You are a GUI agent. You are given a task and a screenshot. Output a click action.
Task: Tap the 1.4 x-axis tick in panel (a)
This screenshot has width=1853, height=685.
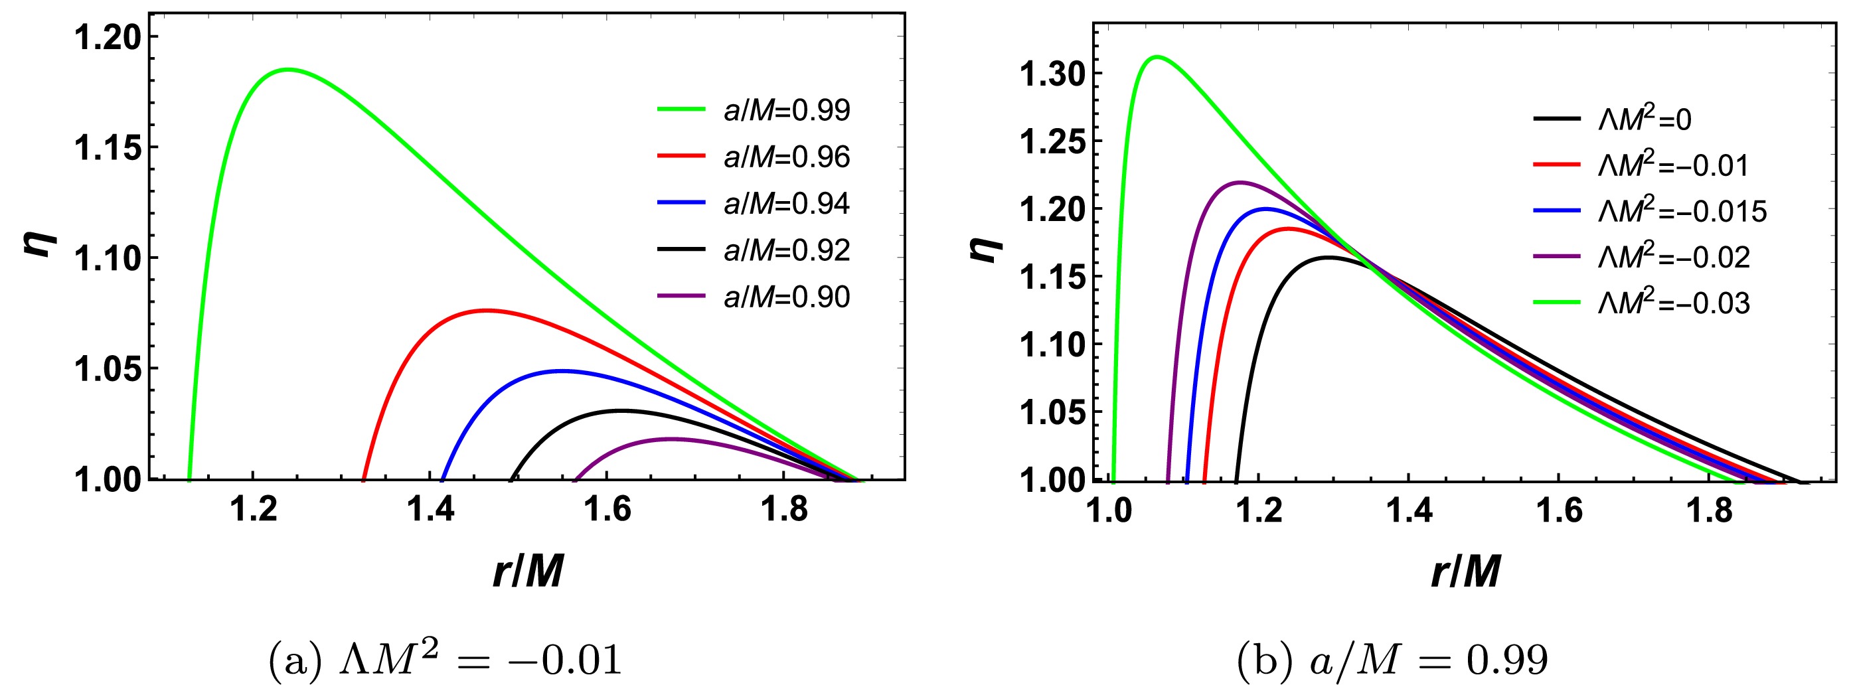tap(430, 509)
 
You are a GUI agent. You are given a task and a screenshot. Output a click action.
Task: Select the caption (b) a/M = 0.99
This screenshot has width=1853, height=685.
tap(1392, 659)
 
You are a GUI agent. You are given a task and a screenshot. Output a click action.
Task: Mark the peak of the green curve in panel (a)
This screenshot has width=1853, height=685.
tap(287, 70)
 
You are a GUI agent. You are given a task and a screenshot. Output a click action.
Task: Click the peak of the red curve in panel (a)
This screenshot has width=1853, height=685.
tap(488, 311)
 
